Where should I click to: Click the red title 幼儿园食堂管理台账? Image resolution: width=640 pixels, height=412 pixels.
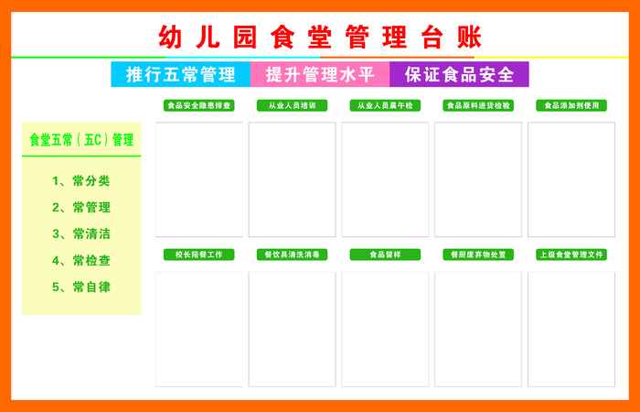pos(320,37)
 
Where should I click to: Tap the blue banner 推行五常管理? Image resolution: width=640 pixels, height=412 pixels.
pos(180,74)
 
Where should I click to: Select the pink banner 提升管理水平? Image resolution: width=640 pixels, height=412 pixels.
pos(320,74)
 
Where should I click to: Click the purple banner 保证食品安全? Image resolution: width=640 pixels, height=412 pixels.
pos(459,74)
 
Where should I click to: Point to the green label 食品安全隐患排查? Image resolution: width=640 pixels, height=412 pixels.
pos(199,105)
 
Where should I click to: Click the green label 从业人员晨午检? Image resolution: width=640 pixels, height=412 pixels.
pos(385,105)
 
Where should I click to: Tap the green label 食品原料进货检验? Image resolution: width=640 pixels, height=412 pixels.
pos(478,105)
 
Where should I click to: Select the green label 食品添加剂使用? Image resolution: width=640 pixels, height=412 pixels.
pos(571,105)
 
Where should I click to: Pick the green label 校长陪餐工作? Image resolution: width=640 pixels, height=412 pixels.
pos(199,255)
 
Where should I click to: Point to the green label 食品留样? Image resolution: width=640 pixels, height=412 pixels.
pos(385,255)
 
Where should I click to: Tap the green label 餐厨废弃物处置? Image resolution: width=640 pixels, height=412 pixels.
pos(478,255)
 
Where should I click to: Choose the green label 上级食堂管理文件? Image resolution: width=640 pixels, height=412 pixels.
pos(571,255)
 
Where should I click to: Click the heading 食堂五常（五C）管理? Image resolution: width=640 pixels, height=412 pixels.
pos(81,140)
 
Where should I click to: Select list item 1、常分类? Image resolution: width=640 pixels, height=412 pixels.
pos(81,180)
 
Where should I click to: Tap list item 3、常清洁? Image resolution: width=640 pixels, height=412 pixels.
pos(81,233)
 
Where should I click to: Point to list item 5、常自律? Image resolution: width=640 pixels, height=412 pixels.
pos(81,287)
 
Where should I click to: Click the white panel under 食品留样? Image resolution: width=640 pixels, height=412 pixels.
pos(385,329)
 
